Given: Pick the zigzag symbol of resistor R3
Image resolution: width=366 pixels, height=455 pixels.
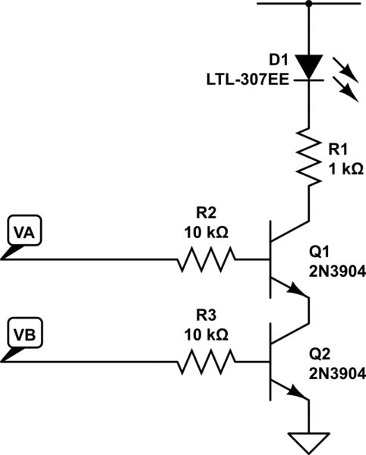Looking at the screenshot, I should (x=207, y=362).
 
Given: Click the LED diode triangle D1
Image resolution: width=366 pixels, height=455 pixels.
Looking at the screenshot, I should (x=308, y=66).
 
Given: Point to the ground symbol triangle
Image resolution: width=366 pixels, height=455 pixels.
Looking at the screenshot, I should (x=308, y=441).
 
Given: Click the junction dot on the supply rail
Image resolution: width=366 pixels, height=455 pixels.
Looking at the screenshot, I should (x=308, y=3).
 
